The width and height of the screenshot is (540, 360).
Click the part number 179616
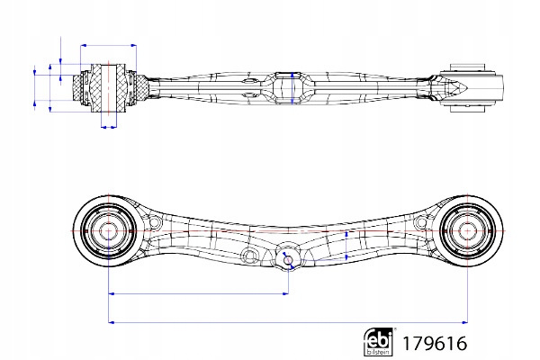tap(434, 344)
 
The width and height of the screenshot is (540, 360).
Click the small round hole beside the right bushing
tap(421, 221)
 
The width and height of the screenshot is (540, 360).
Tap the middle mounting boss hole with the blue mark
tap(287, 256)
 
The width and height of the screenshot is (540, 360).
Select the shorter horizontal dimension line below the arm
tap(198, 293)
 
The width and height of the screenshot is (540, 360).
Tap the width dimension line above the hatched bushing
tap(108, 44)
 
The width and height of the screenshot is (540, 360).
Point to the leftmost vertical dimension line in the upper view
tap(35, 87)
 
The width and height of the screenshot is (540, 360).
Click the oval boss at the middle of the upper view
tap(286, 86)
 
